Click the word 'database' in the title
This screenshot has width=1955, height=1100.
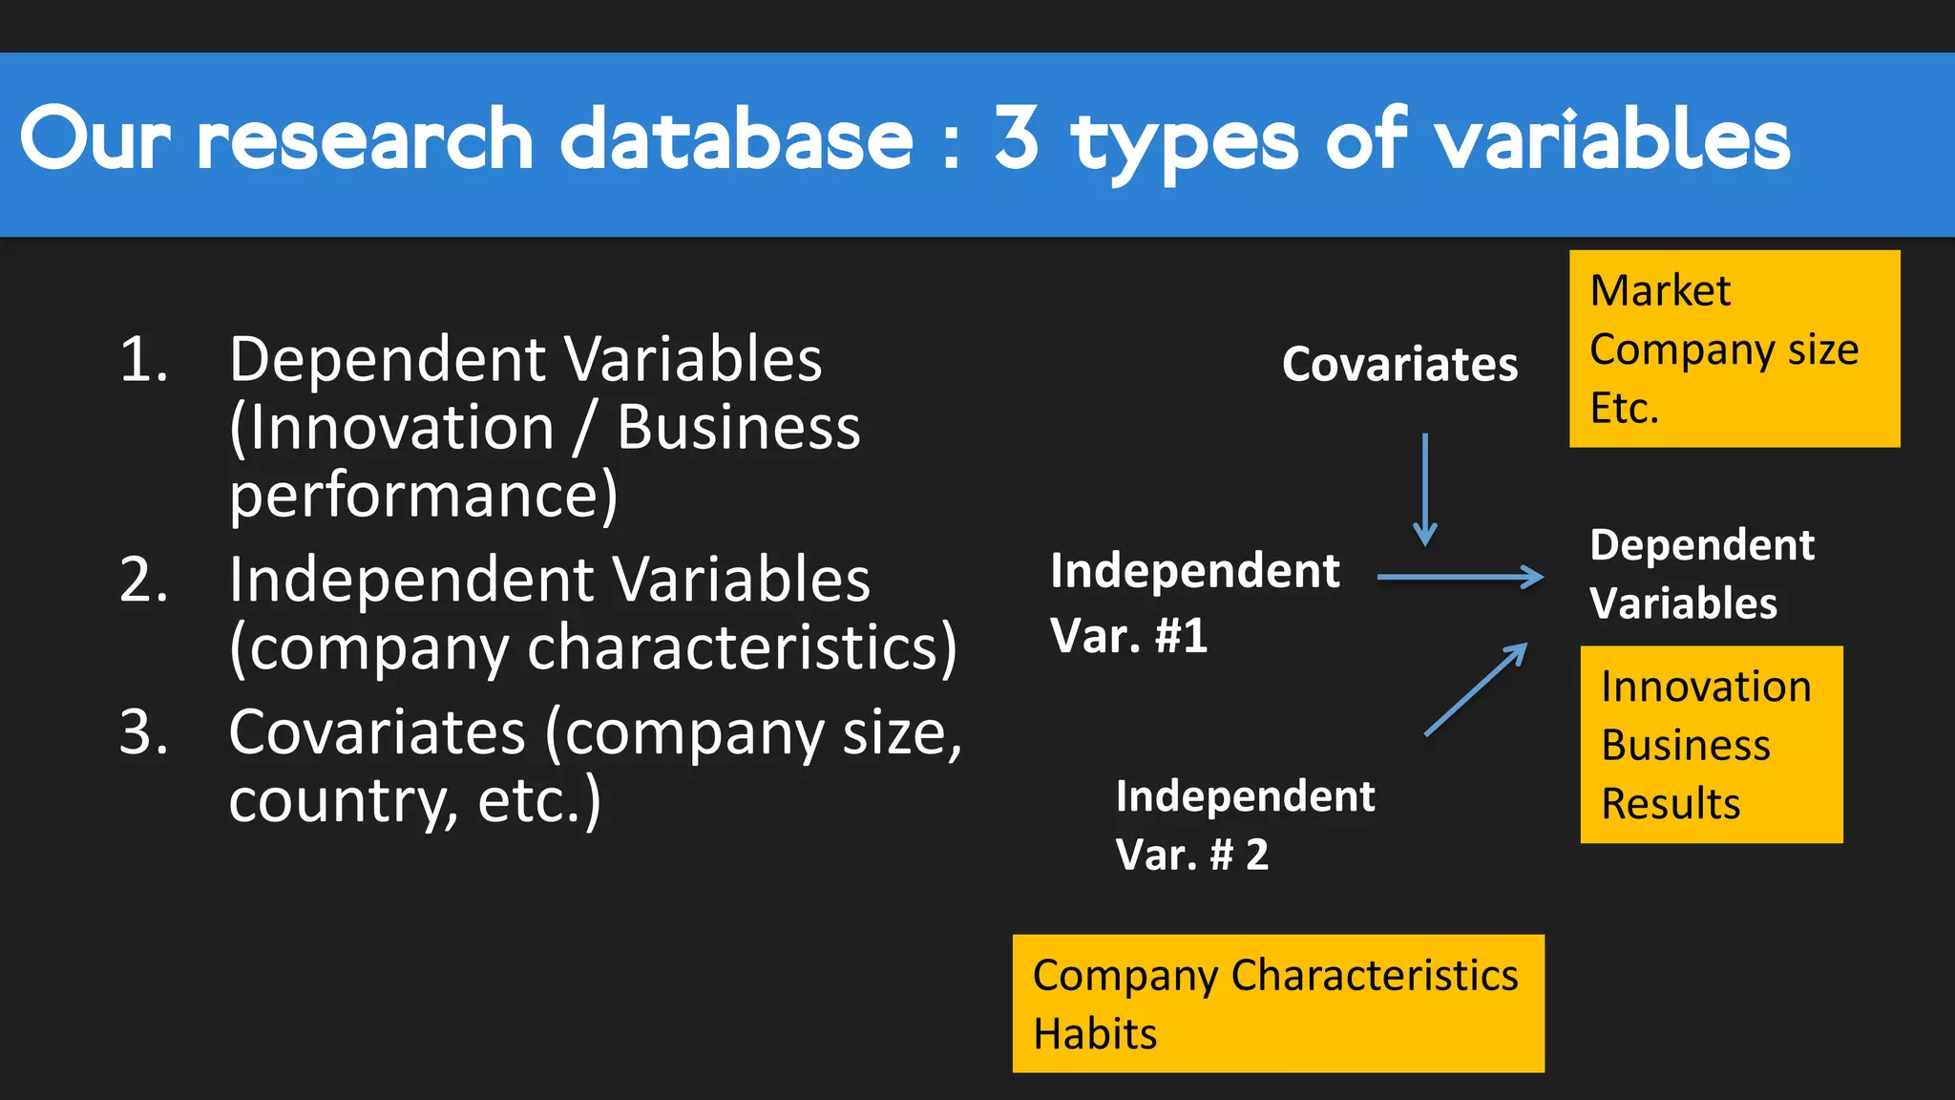coord(736,139)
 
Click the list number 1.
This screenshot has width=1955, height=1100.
coord(143,360)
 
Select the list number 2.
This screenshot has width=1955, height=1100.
coord(143,580)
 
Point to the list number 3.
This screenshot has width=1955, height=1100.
coord(143,732)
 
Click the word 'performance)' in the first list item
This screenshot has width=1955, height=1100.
coord(424,497)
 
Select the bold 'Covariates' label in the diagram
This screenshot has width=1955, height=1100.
coord(1399,364)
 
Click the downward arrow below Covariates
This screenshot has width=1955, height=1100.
coord(1425,489)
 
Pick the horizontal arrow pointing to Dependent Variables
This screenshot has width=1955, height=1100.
coord(1460,577)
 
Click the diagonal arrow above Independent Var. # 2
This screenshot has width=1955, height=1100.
coord(1475,689)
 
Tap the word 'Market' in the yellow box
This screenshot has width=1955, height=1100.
coord(1660,290)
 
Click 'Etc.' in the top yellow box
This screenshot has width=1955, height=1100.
coord(1624,409)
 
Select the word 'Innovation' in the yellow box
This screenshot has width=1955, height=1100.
coord(1706,687)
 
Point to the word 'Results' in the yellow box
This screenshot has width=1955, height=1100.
coord(1671,804)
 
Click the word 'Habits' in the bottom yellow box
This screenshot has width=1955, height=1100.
coord(1095,1034)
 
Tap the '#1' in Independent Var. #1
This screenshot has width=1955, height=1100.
coord(1181,636)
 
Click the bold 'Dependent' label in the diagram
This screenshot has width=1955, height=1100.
coord(1702,545)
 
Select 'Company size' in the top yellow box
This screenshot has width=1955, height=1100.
coord(1724,350)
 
